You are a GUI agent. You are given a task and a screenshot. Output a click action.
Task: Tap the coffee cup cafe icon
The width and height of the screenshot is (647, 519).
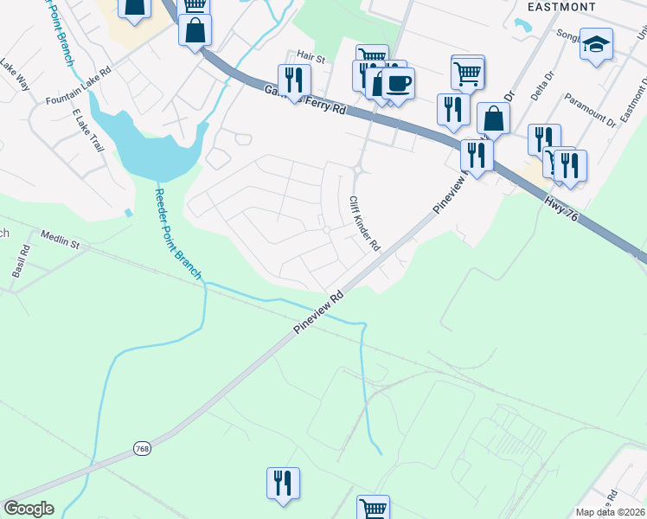point(399,84)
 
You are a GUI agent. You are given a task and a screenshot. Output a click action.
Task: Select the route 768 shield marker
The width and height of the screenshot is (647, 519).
point(143,449)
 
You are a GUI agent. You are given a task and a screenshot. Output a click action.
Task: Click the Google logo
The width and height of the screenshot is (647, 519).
point(29,509)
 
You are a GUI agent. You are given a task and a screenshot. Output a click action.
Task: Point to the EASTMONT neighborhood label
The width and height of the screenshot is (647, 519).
point(561,7)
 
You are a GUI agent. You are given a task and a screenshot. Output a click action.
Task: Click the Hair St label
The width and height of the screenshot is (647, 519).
point(310,59)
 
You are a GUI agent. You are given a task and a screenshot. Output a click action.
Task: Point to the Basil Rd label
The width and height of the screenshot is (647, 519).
point(22,262)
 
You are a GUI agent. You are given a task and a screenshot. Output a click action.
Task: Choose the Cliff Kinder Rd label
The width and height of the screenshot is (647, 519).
point(364,223)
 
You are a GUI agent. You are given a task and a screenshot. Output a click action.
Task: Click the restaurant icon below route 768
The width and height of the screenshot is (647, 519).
point(283,484)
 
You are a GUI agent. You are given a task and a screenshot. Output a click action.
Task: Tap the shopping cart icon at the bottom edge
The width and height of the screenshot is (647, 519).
point(373,509)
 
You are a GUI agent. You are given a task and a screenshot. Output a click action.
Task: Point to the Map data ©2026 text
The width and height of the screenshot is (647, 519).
point(610,512)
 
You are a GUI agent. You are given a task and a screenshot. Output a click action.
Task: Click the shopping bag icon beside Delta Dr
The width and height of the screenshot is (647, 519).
point(493,119)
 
